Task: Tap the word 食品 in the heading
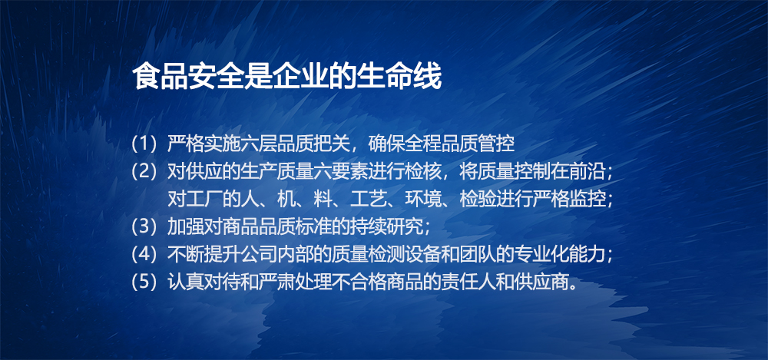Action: (x=161, y=78)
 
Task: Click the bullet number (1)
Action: (x=146, y=144)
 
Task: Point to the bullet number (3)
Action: (x=146, y=226)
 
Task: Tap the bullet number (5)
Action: (x=146, y=282)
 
